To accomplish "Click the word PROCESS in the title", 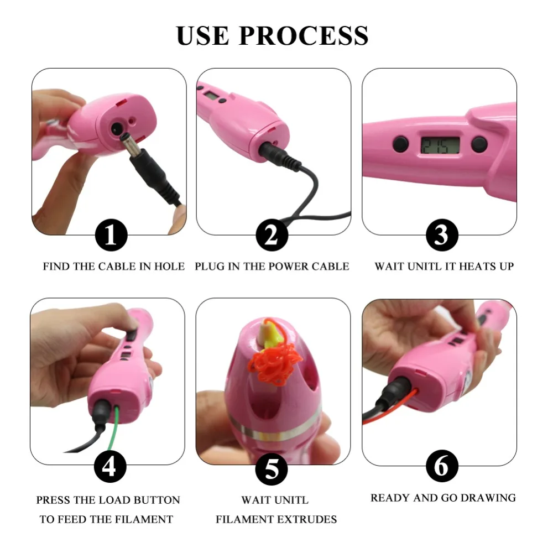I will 304,35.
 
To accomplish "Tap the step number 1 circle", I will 111,236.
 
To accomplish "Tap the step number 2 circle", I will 272,236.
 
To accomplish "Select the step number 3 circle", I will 441,236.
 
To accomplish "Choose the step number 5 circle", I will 272,469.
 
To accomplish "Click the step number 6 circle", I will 441,467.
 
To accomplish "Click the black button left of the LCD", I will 400,145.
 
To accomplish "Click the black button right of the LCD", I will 479,145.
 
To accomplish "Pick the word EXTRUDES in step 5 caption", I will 311,519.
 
